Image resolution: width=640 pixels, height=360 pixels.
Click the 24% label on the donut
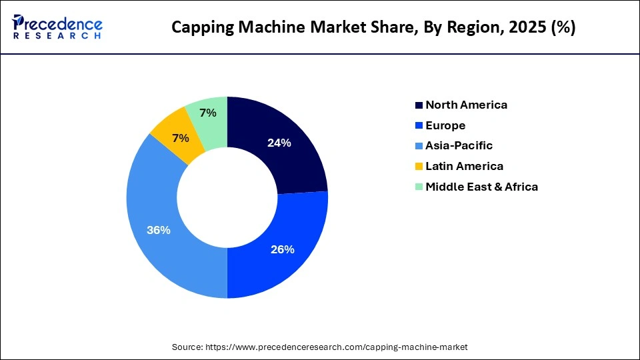[x=279, y=142]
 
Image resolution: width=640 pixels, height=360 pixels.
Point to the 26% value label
[x=282, y=249]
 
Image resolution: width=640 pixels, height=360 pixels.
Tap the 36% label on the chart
[x=159, y=230]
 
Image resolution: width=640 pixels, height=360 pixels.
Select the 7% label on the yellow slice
[x=180, y=138]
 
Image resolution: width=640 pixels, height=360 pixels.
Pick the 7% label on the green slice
[x=208, y=113]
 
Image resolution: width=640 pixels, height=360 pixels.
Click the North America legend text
[x=466, y=105]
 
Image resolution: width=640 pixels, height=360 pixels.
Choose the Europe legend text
[x=445, y=125]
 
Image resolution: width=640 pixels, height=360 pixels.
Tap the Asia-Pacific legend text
[x=459, y=145]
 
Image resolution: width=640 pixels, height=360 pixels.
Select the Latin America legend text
[x=464, y=166]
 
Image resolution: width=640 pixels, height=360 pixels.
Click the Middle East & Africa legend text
[x=481, y=187]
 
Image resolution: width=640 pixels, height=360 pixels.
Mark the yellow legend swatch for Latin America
[x=419, y=167]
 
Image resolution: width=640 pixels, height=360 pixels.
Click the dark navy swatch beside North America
[x=419, y=105]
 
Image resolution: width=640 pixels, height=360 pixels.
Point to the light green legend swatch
[x=419, y=187]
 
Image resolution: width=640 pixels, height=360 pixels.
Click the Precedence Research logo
[x=57, y=27]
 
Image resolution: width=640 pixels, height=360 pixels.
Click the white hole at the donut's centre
[x=227, y=197]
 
